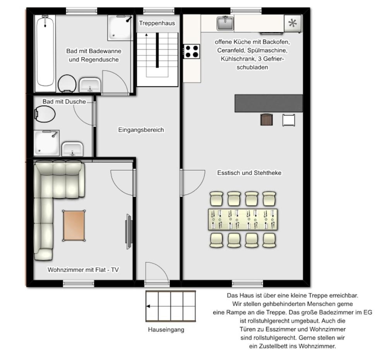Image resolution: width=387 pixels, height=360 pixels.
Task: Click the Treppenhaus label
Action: click(157, 23)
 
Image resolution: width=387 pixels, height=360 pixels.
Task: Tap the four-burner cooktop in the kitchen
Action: click(192, 51)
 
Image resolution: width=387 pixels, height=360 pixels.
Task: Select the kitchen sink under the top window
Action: click(225, 23)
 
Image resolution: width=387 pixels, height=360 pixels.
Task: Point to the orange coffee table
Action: click(74, 225)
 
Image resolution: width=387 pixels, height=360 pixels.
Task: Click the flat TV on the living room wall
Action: click(129, 232)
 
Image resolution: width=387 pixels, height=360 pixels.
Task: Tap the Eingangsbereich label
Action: click(141, 130)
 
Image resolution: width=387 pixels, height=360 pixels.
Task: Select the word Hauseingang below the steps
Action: click(166, 330)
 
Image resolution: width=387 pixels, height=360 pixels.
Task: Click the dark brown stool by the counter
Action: click(267, 119)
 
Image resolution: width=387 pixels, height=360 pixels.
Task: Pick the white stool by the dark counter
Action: click(289, 120)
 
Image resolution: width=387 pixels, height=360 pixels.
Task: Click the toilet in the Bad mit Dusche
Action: click(45, 114)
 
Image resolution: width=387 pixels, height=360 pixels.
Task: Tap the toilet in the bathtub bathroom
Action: click(67, 84)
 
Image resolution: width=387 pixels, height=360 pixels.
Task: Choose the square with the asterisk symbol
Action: click(293, 24)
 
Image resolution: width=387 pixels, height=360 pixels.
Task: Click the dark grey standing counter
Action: click(269, 103)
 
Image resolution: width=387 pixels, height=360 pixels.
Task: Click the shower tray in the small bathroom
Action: click(47, 143)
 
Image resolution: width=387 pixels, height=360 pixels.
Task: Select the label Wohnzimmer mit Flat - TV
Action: click(83, 270)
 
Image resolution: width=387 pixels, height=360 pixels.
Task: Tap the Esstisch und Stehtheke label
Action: click(249, 173)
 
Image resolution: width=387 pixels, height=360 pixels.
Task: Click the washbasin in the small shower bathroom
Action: click(72, 149)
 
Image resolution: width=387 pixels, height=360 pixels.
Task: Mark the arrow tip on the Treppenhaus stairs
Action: click(146, 34)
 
